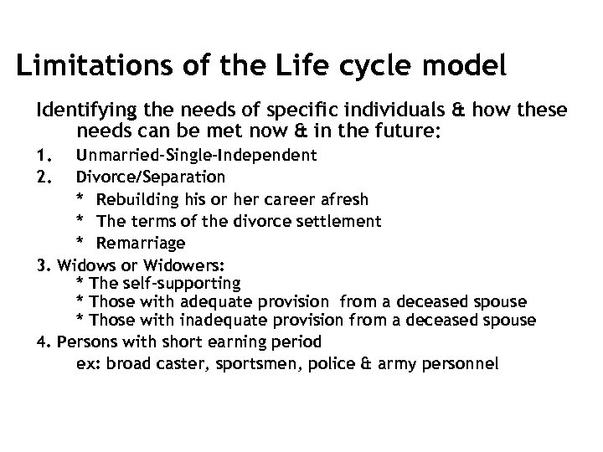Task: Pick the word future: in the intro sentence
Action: tap(419, 131)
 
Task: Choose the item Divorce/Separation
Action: tap(150, 177)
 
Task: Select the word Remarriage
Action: tap(140, 243)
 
